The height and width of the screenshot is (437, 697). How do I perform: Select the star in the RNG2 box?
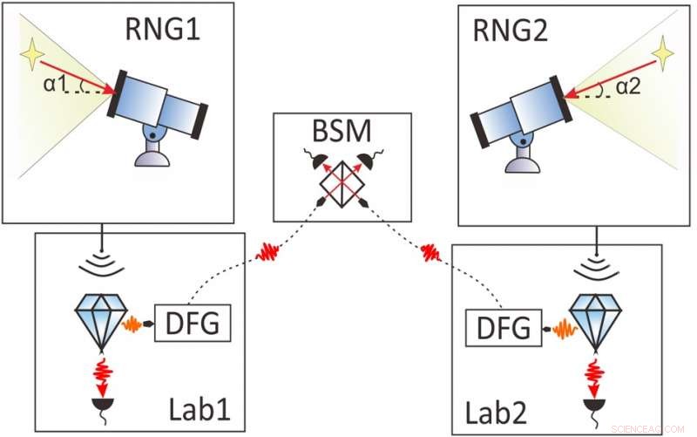664,54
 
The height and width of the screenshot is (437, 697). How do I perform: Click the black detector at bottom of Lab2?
595,407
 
